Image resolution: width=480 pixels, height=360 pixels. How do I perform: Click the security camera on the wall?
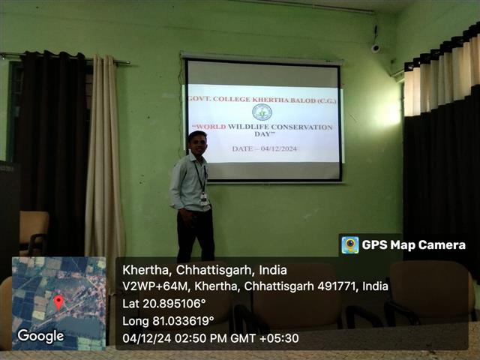tap(375, 48)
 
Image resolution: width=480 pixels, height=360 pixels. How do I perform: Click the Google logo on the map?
tap(40, 336)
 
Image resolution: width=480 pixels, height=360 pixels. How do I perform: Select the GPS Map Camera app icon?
tap(350, 245)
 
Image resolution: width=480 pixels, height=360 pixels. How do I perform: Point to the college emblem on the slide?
tap(262, 112)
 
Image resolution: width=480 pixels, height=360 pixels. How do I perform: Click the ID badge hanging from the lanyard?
tap(204, 199)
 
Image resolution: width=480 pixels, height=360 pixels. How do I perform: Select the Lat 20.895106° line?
tap(163, 304)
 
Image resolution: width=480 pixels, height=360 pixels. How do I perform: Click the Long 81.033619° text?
tap(168, 321)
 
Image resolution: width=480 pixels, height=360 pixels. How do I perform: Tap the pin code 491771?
tap(337, 286)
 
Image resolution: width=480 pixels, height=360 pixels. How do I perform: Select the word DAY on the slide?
tap(262, 133)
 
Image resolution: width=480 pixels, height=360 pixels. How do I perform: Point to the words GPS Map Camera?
tap(413, 245)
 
